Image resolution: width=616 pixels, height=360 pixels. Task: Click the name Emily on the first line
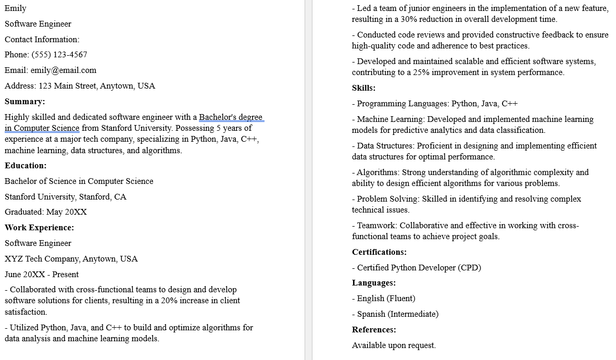[16, 8]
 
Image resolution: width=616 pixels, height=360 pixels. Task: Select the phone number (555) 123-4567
[59, 55]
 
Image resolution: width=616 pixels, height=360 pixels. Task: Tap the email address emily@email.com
[64, 70]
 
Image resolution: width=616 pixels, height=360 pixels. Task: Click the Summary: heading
[25, 102]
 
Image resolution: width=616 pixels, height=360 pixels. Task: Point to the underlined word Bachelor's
[218, 117]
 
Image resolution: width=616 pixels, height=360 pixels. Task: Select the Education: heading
[26, 166]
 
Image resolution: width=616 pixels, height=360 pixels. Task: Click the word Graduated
[23, 212]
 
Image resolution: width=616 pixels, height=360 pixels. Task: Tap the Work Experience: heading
[40, 228]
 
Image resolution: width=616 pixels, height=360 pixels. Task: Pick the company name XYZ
[14, 259]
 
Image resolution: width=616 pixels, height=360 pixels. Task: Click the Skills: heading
[363, 88]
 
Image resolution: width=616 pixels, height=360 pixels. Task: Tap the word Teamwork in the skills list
[376, 226]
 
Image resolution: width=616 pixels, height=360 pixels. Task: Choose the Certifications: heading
[379, 252]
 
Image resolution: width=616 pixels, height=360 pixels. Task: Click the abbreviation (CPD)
[469, 268]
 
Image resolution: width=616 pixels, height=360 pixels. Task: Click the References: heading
[374, 330]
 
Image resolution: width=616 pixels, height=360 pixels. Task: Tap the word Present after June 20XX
[66, 275]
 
